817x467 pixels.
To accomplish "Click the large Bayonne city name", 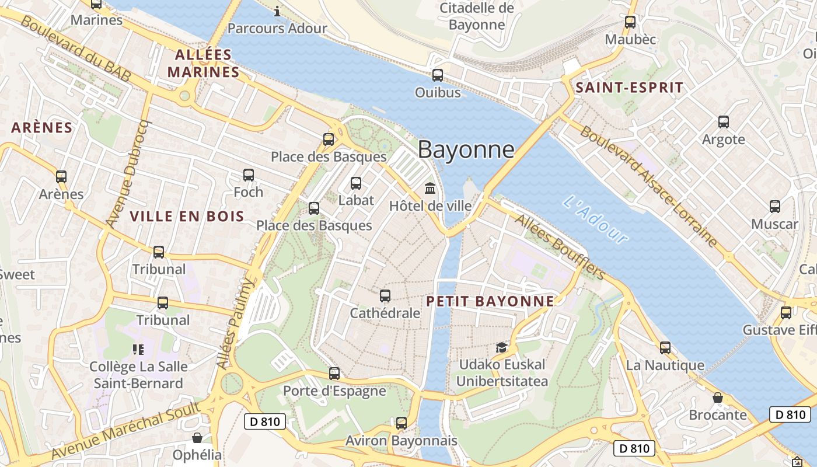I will [x=466, y=150].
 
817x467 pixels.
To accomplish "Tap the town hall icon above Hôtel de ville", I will [x=431, y=189].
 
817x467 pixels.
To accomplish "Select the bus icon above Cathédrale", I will [x=385, y=296].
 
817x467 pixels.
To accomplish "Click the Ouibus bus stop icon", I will [x=438, y=75].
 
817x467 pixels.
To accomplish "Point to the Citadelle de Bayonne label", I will [x=477, y=16].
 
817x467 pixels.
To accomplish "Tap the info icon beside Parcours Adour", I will [x=277, y=11].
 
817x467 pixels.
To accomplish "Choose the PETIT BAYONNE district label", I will [x=490, y=301].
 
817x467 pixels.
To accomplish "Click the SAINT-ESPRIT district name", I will [x=629, y=88].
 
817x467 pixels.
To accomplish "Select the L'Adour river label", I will [x=596, y=219].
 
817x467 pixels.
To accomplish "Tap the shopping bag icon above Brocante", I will [x=718, y=398].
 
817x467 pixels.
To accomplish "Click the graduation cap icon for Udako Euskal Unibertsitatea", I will [x=501, y=347].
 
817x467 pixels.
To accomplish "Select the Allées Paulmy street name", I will [x=236, y=323].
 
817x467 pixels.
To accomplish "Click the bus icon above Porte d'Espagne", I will [x=334, y=373].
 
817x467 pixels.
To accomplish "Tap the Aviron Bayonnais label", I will [x=401, y=441].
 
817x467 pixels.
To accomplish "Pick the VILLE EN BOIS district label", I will [x=187, y=217].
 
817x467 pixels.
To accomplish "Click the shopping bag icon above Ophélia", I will [x=198, y=438].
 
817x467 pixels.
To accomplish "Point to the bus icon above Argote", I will [x=724, y=122].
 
